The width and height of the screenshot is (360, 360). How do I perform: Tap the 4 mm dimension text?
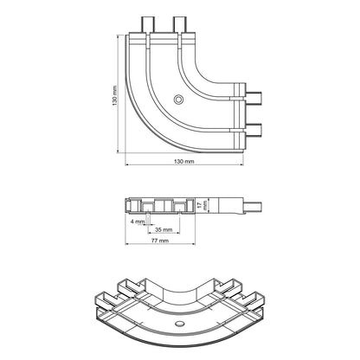point(137,222)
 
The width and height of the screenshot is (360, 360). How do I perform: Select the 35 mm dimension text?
point(162,230)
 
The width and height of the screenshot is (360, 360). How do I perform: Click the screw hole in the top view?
point(178,100)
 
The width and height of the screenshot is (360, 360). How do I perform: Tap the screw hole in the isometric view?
point(179,321)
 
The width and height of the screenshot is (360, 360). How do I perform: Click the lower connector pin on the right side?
point(254,129)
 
